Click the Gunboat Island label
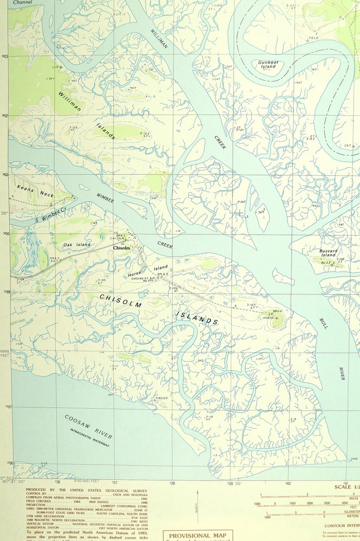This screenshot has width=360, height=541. [268, 64]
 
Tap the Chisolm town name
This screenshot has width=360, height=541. [121, 248]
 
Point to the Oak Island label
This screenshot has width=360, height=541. [77, 245]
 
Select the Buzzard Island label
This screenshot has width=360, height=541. [328, 253]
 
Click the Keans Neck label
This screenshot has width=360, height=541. [35, 192]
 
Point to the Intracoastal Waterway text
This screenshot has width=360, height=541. [90, 438]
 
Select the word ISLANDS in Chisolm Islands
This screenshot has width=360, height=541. [197, 318]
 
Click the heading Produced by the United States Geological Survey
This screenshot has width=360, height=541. [86, 490]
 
